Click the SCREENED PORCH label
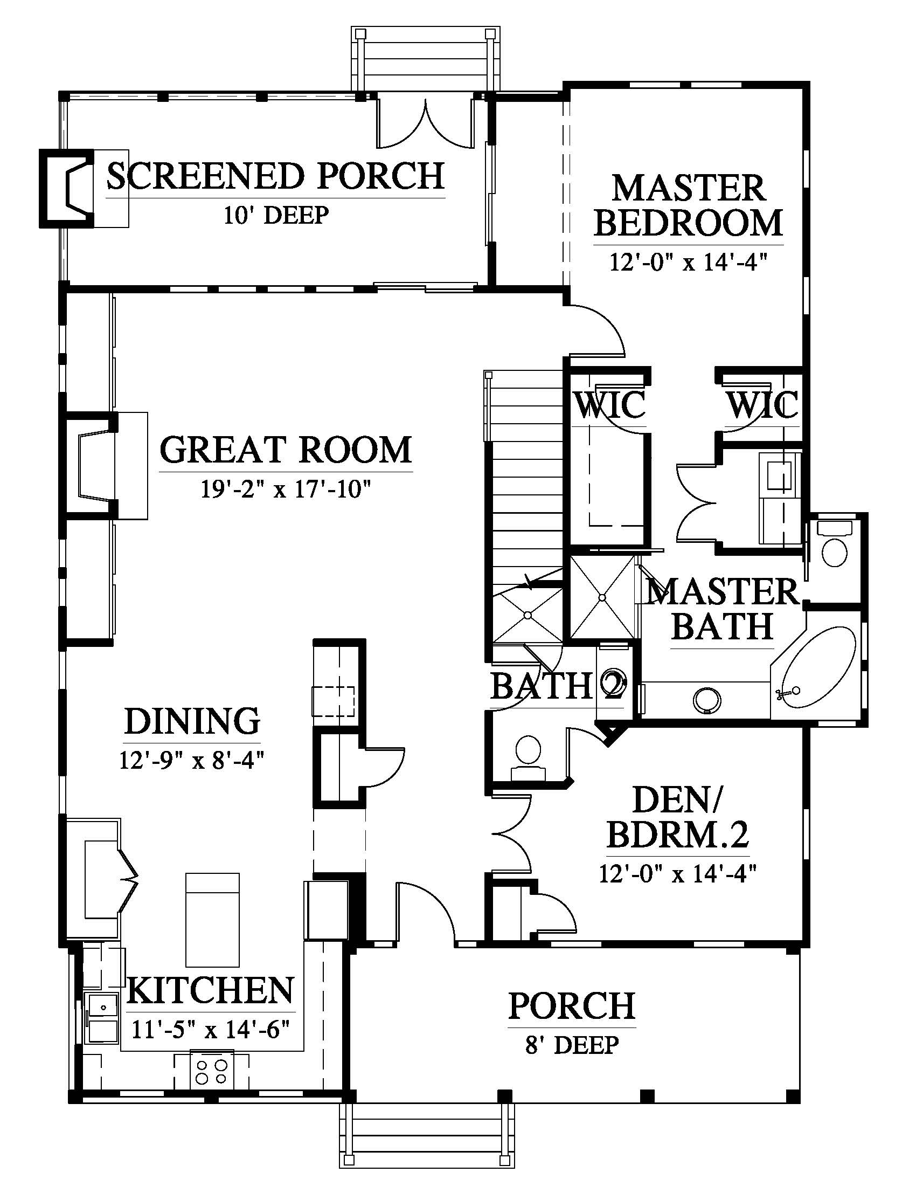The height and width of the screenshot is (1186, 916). click(276, 176)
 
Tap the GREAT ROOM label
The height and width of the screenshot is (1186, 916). click(286, 450)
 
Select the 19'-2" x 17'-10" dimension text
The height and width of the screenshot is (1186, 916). click(286, 491)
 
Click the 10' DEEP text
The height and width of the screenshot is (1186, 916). click(276, 215)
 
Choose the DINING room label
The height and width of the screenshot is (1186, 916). click(192, 721)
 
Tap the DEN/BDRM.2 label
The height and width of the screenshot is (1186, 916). click(678, 817)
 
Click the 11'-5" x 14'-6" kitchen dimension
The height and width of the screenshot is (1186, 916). click(211, 1029)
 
